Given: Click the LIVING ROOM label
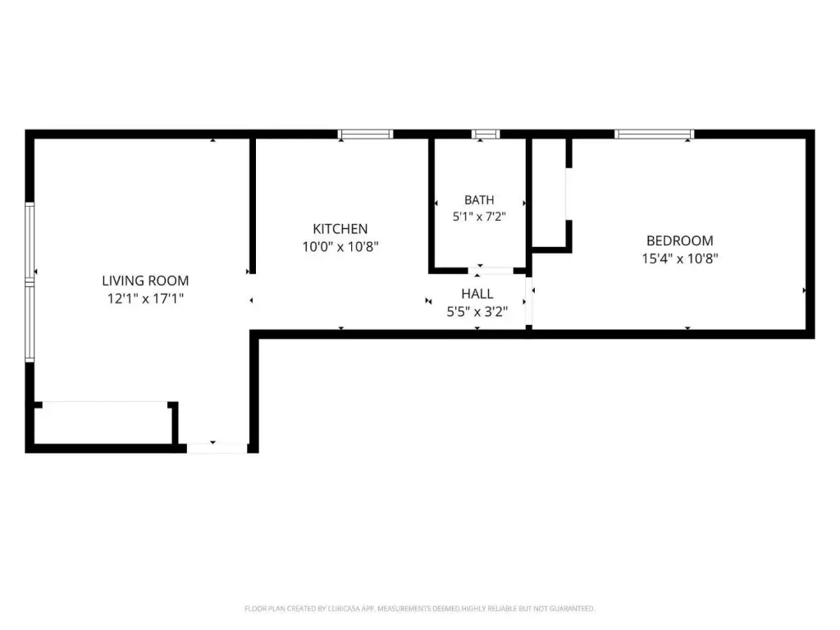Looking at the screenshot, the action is click(145, 281).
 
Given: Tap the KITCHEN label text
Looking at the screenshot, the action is click(340, 229).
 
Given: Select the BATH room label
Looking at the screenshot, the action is click(479, 200).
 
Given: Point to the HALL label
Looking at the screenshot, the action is click(477, 294).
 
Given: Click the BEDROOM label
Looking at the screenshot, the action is click(680, 240).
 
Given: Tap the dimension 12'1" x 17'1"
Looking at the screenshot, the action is click(145, 299).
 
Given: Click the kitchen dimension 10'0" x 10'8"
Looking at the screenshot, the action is click(340, 246).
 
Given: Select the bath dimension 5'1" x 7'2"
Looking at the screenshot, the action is click(479, 217).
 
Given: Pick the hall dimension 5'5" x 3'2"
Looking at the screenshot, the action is click(477, 311).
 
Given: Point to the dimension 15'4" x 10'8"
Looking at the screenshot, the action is click(680, 258).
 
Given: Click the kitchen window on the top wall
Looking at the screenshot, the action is click(365, 134).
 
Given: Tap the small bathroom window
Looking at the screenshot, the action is click(486, 134).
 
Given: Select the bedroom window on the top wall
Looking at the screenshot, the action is click(654, 134).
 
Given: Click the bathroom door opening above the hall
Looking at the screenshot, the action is click(491, 271).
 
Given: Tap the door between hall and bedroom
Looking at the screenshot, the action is click(529, 301).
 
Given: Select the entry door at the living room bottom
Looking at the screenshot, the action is click(217, 448).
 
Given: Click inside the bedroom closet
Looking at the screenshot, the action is click(549, 193).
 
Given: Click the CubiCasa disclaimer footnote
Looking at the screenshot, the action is click(419, 609).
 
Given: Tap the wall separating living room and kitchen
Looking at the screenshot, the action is click(253, 206).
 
